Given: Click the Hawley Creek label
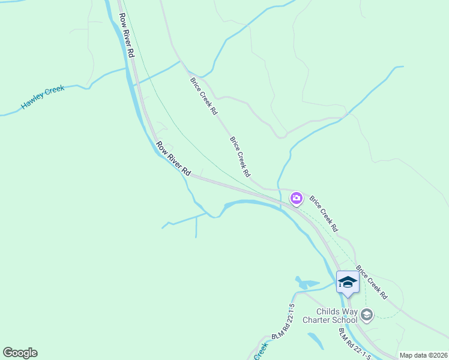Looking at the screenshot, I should click(43, 97).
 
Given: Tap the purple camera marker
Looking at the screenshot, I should click(296, 198).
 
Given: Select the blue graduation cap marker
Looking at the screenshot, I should click(348, 281).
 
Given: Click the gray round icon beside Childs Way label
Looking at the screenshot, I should click(367, 314).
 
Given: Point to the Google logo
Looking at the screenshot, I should click(20, 353).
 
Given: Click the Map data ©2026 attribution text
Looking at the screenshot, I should click(423, 355).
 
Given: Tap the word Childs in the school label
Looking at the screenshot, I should click(331, 311).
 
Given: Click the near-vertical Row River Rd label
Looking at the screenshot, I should click(127, 35).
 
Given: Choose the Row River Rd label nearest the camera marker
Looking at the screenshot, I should click(173, 158).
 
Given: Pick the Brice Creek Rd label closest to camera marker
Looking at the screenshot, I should click(324, 213).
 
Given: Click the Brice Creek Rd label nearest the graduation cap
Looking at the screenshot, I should click(372, 283).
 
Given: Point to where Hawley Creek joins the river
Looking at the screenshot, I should click(127, 69).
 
